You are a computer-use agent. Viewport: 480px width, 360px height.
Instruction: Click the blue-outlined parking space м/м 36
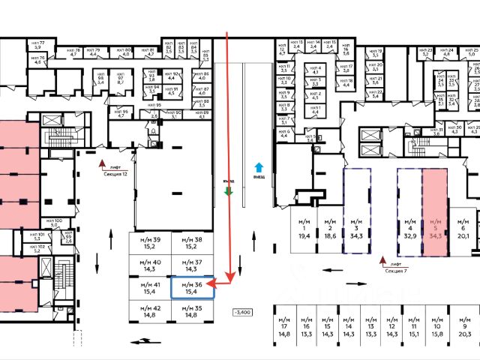pyautogui.click(x=193, y=287)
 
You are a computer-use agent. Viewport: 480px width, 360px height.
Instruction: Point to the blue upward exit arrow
pyautogui.click(x=259, y=167)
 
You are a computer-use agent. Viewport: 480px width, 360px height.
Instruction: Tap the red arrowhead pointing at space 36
pyautogui.click(x=211, y=284)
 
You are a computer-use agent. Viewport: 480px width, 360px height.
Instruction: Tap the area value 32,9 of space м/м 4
pyautogui.click(x=409, y=235)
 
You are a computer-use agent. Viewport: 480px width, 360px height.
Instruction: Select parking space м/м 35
pyautogui.click(x=193, y=312)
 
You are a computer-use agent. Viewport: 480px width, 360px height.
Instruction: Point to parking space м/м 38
pyautogui.click(x=193, y=241)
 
